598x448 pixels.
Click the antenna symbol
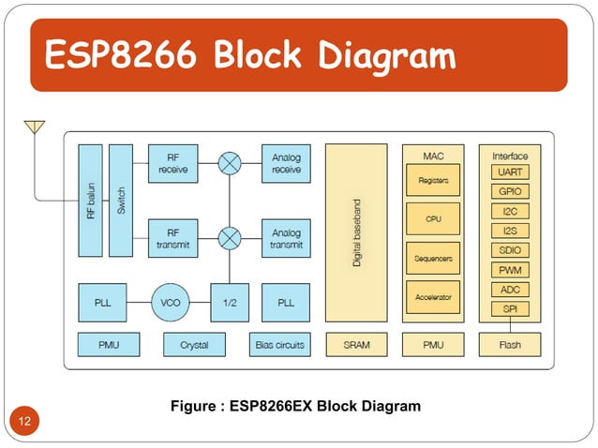click(x=35, y=127)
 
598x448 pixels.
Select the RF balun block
click(x=90, y=200)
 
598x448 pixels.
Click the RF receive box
click(x=173, y=163)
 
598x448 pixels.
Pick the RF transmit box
click(x=173, y=238)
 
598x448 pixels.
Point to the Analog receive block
click(x=286, y=163)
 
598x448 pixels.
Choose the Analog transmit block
click(x=286, y=238)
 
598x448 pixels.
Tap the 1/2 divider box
click(x=229, y=302)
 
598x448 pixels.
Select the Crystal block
click(x=194, y=344)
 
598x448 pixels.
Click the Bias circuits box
click(x=279, y=344)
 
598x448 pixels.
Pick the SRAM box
click(x=356, y=344)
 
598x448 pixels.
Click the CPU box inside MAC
click(x=432, y=218)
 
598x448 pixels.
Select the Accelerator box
click(x=432, y=297)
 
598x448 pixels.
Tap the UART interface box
click(x=510, y=172)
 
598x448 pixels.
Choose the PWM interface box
click(x=510, y=270)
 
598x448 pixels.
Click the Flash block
click(x=510, y=344)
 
